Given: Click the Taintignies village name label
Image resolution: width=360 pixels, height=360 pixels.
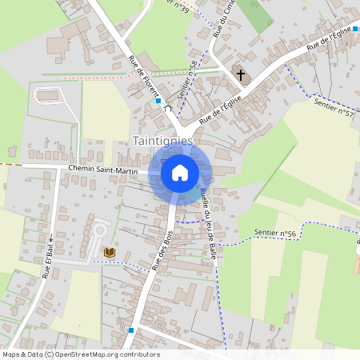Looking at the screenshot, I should click(x=163, y=140).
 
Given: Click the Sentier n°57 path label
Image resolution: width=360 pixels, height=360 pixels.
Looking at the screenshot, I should click(x=334, y=108).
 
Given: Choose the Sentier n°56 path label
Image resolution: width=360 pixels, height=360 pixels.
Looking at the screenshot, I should click(x=274, y=233).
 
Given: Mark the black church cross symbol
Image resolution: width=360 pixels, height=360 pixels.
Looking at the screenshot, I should click(x=240, y=74).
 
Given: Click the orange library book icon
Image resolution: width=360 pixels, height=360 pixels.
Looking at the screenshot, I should click(x=110, y=252).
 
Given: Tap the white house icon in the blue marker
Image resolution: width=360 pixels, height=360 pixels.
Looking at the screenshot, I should click(x=180, y=172).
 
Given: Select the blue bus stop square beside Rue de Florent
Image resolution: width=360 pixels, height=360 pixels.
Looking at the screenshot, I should click(x=159, y=102).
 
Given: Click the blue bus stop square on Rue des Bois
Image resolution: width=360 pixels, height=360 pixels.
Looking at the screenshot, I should click(x=130, y=330).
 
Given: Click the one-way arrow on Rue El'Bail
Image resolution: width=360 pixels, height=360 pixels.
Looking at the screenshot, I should click(x=50, y=238).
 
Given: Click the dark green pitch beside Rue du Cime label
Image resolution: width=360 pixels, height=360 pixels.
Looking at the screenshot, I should click(x=255, y=14).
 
